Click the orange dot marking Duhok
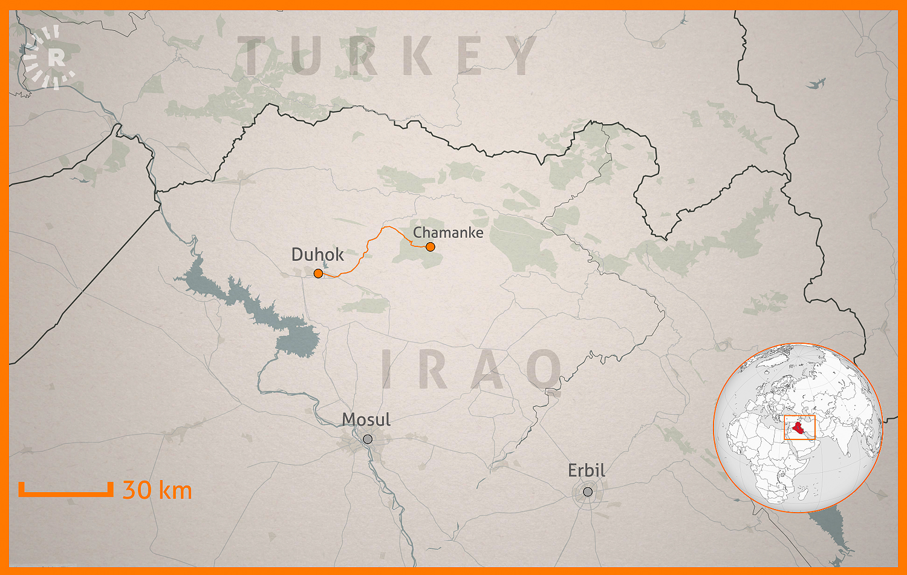pyautogui.click(x=318, y=274)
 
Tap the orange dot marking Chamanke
pyautogui.click(x=430, y=246)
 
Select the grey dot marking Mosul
pyautogui.click(x=368, y=439)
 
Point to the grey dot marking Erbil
pyautogui.click(x=588, y=491)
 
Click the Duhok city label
pyautogui.click(x=317, y=255)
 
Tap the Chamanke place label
pyautogui.click(x=448, y=232)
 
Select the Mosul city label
pyautogui.click(x=366, y=419)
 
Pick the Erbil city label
pyautogui.click(x=586, y=470)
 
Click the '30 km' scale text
pyautogui.click(x=157, y=490)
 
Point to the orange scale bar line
pyautogui.click(x=65, y=494)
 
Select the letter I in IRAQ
pyautogui.click(x=388, y=370)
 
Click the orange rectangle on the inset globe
pyautogui.click(x=799, y=417)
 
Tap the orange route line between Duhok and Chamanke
pyautogui.click(x=366, y=248)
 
